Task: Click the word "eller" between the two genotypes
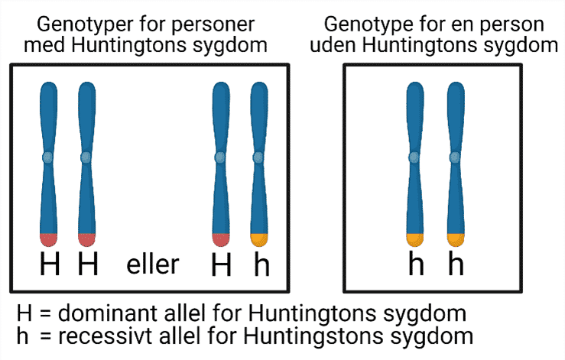(153, 264)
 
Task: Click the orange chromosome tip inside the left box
(260, 239)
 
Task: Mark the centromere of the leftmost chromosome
(47, 157)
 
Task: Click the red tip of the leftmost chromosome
(47, 239)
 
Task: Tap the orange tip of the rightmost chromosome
(456, 239)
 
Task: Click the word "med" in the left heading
(45, 44)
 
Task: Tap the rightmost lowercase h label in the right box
(456, 265)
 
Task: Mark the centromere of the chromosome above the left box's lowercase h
(260, 157)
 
